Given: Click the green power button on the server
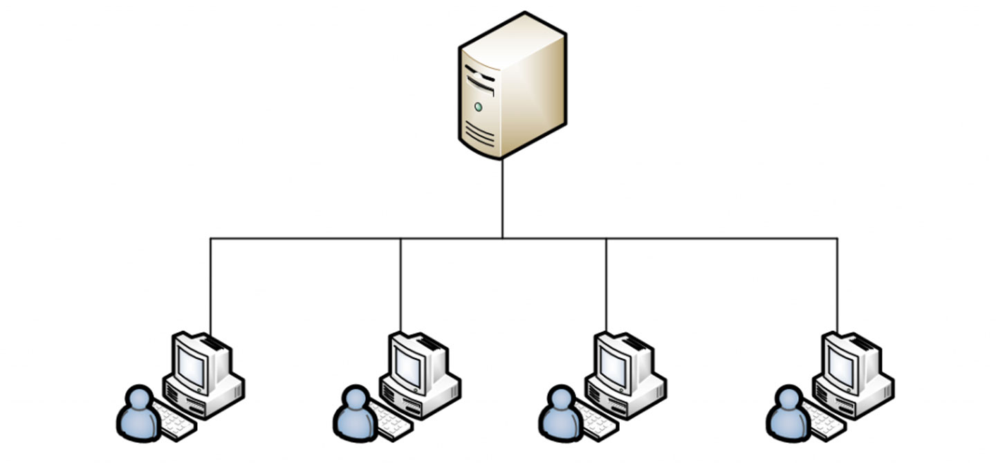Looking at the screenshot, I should pos(478,107).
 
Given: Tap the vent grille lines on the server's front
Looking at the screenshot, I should pos(479,131).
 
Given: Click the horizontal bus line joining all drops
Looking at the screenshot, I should pos(311,239).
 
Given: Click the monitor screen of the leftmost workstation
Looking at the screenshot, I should pos(190,363).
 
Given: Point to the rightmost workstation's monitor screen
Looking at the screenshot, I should pos(840,363).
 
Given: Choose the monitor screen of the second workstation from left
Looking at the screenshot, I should pos(407,363).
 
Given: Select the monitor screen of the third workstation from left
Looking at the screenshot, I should pos(612,363).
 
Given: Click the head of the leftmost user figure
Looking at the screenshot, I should pos(140,399).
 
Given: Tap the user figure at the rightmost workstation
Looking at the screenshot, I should pos(788,415).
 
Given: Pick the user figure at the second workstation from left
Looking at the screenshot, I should pos(356,415).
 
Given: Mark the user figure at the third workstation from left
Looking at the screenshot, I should pos(560,415).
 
